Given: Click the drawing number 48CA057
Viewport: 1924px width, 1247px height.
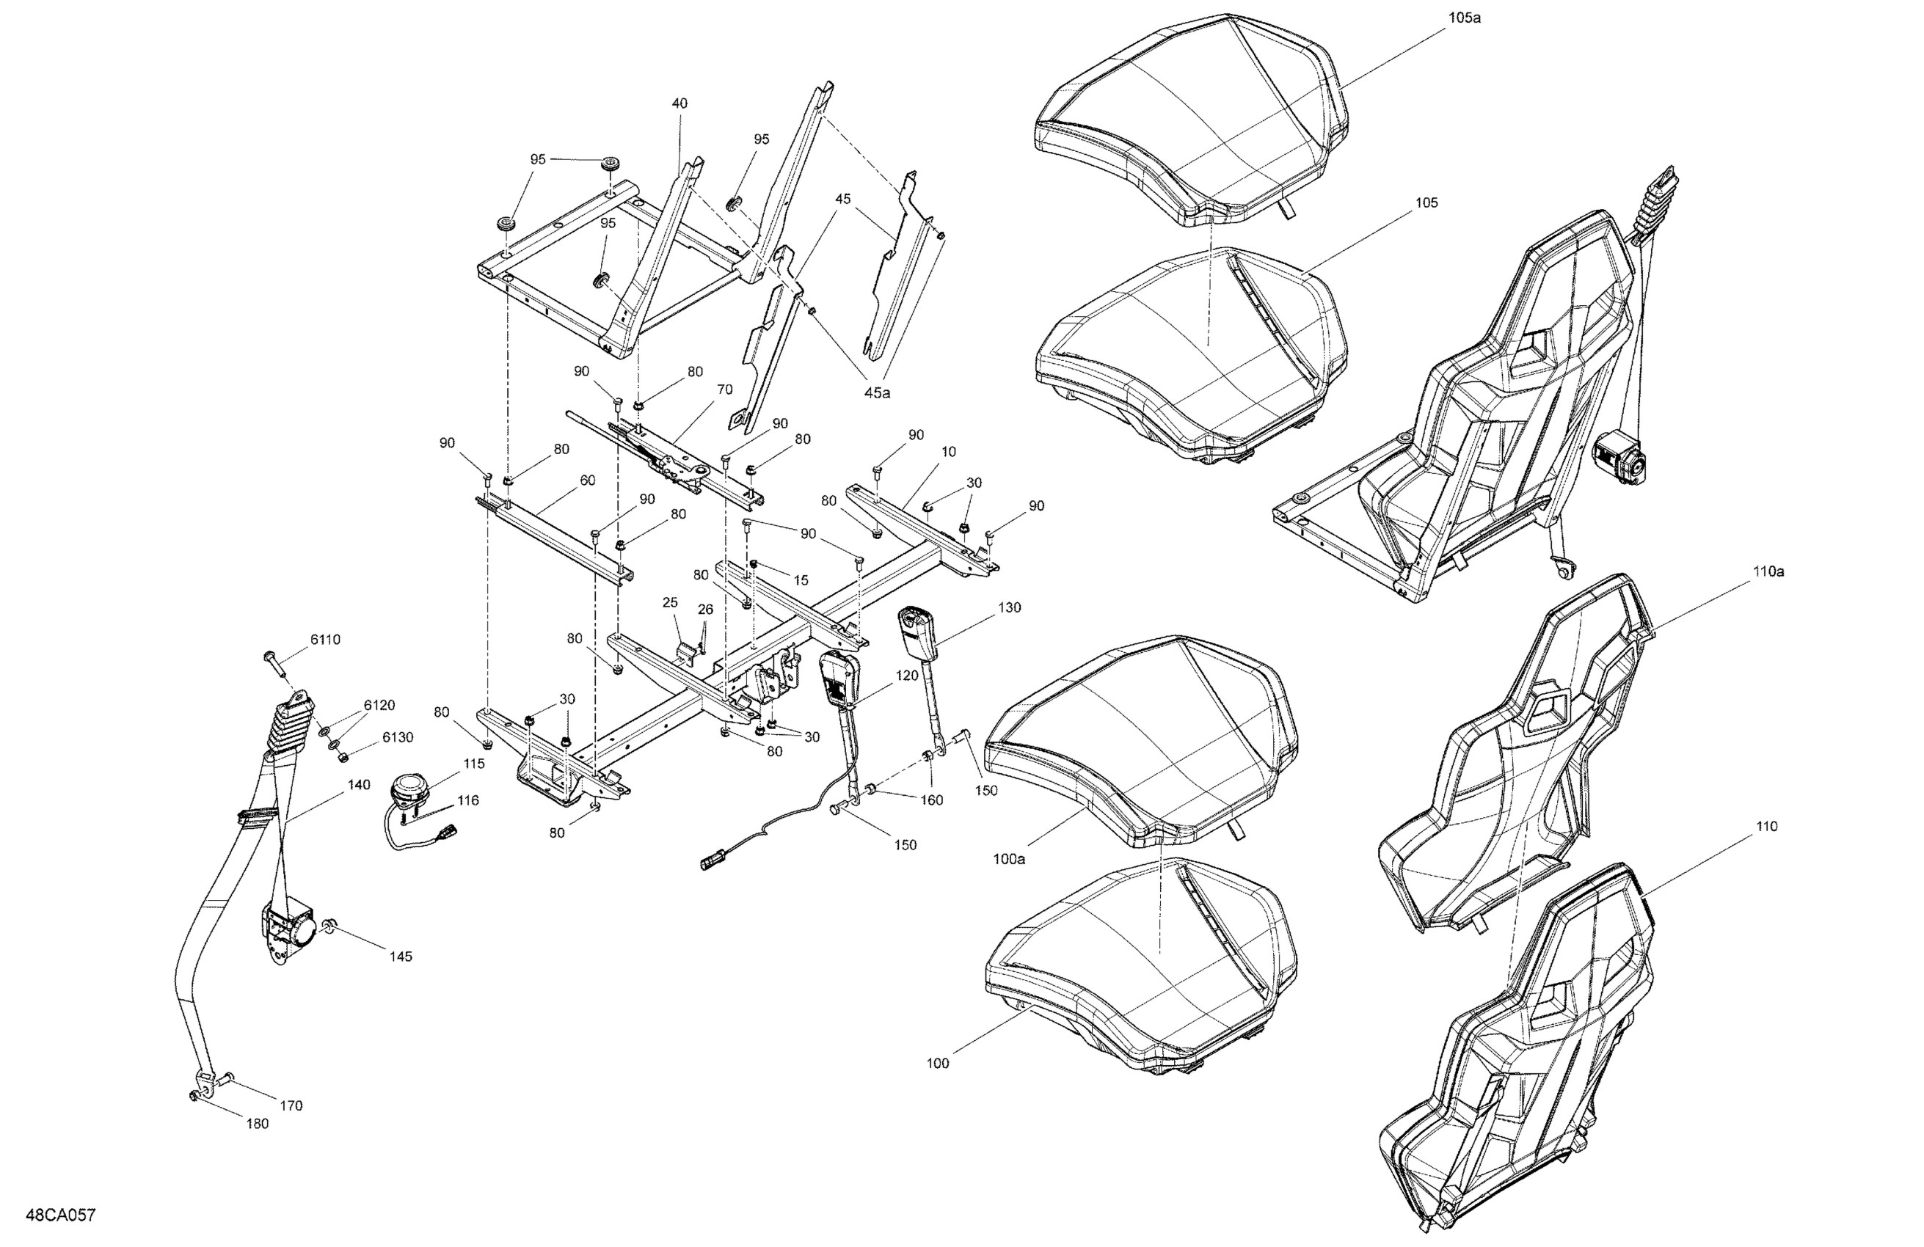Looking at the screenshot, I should pyautogui.click(x=61, y=1215).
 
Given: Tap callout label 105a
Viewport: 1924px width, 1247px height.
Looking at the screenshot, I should pyautogui.click(x=1464, y=18).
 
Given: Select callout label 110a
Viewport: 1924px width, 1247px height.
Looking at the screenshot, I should pyautogui.click(x=1768, y=571).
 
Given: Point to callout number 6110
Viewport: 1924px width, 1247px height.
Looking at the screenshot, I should pyautogui.click(x=325, y=639).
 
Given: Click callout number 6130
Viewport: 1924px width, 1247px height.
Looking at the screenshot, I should pyautogui.click(x=397, y=737).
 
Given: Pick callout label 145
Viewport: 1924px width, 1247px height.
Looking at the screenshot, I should pyautogui.click(x=400, y=956).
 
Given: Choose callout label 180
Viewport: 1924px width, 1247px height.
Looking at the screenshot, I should pyautogui.click(x=256, y=1123).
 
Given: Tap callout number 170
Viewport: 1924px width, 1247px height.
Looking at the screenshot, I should pyautogui.click(x=291, y=1105).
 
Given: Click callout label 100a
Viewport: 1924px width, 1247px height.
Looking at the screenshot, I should pyautogui.click(x=1009, y=859).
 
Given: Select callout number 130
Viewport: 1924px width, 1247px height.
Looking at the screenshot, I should pyautogui.click(x=1009, y=607).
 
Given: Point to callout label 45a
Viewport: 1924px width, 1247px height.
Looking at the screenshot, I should pyautogui.click(x=876, y=392).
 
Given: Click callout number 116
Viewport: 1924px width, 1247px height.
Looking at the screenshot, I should pyautogui.click(x=467, y=800).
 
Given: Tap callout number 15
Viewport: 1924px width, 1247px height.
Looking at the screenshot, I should pyautogui.click(x=801, y=579).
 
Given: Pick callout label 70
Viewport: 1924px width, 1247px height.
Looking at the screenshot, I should pyautogui.click(x=724, y=390).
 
